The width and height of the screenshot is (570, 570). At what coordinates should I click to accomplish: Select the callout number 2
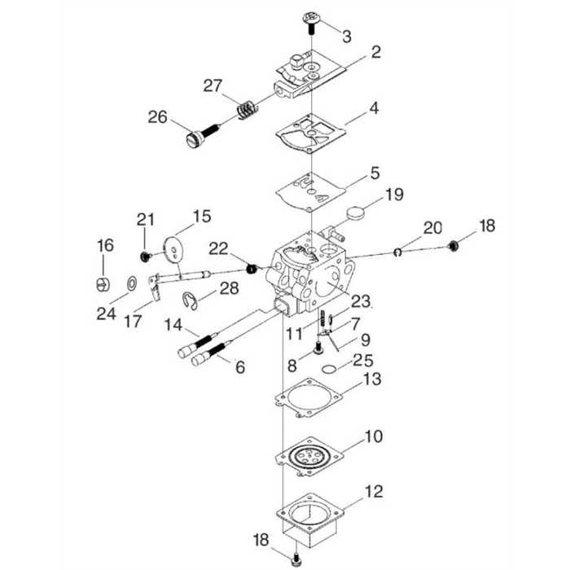point(375,53)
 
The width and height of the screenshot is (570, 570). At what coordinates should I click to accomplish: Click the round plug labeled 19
point(355,213)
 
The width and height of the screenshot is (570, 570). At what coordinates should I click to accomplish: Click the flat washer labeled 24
point(130,283)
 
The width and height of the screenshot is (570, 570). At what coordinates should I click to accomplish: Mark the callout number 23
point(360,301)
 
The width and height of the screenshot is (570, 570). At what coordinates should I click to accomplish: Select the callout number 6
point(239,367)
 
